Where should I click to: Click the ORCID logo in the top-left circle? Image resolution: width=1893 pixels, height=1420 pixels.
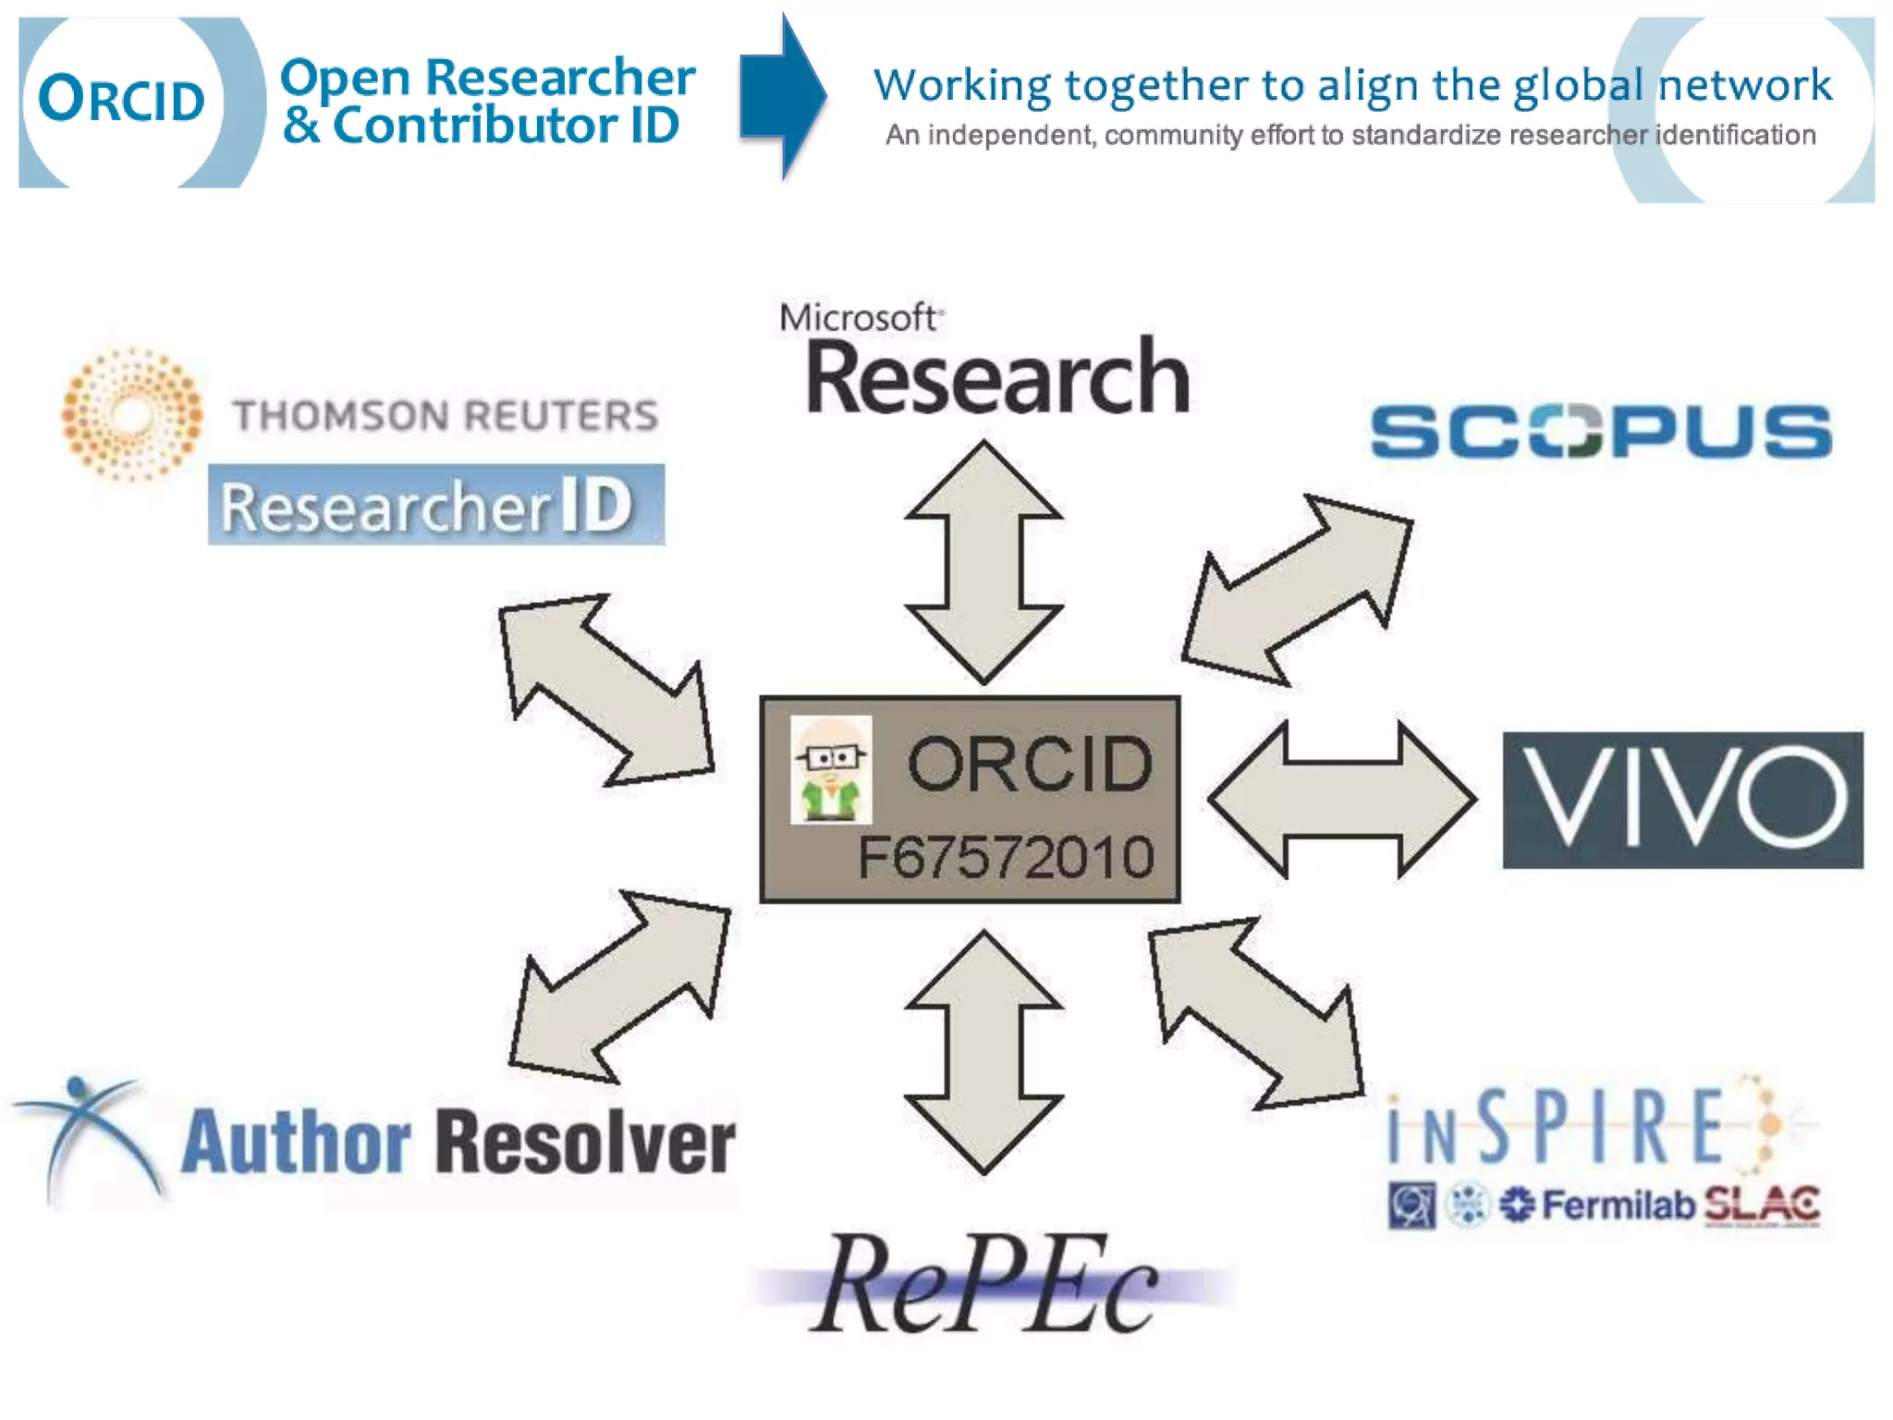pyautogui.click(x=121, y=100)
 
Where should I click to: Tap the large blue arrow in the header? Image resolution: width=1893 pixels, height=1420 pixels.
pyautogui.click(x=781, y=96)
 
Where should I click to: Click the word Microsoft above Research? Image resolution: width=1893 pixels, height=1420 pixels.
pyautogui.click(x=859, y=318)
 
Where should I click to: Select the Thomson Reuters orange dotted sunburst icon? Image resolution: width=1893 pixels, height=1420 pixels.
pyautogui.click(x=131, y=414)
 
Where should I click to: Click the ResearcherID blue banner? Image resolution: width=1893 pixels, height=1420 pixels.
pyautogui.click(x=435, y=505)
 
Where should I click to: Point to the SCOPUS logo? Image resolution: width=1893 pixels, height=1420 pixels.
pyautogui.click(x=1600, y=431)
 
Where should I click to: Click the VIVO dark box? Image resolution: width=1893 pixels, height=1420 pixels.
pyautogui.click(x=1682, y=800)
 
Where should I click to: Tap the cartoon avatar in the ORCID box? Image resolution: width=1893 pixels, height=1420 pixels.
pyautogui.click(x=831, y=770)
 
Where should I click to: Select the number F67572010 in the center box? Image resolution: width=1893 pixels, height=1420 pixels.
pyautogui.click(x=1006, y=857)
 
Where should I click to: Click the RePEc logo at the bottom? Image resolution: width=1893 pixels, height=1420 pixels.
pyautogui.click(x=985, y=1285)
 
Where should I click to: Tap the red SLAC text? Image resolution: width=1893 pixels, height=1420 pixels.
pyautogui.click(x=1762, y=1205)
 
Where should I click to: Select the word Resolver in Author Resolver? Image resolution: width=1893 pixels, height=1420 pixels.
pyautogui.click(x=585, y=1143)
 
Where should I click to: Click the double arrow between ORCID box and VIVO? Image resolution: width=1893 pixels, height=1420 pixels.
pyautogui.click(x=1342, y=800)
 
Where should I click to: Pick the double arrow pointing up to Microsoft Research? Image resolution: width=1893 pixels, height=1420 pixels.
pyautogui.click(x=983, y=562)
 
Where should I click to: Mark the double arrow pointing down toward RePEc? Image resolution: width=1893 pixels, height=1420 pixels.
pyautogui.click(x=983, y=1052)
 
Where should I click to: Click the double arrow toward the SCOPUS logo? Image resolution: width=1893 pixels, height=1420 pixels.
pyautogui.click(x=1297, y=591)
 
